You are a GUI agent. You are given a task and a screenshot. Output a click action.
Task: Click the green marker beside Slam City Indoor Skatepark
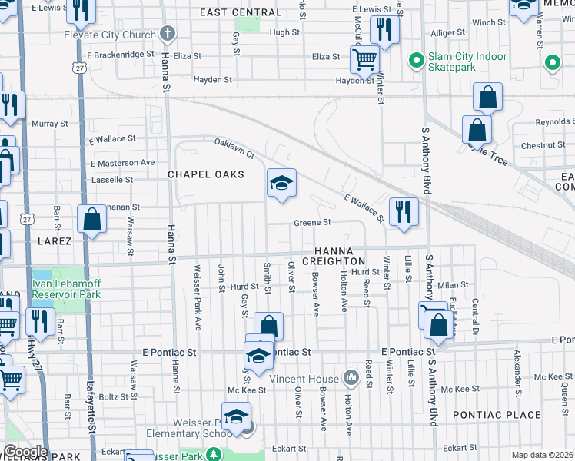click(417, 59)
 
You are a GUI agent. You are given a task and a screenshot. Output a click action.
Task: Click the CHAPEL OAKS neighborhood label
click(206, 174)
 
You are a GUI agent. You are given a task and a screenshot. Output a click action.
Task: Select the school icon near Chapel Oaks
click(281, 183)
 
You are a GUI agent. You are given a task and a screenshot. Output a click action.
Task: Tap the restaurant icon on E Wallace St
click(403, 211)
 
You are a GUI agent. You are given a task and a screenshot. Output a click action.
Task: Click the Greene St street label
click(312, 223)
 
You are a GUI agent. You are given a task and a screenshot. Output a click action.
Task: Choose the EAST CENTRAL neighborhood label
click(241, 13)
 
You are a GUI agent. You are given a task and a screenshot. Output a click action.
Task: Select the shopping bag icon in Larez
click(91, 219)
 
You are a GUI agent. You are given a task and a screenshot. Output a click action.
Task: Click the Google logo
click(25, 452)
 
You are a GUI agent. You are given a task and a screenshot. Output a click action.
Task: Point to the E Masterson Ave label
click(122, 163)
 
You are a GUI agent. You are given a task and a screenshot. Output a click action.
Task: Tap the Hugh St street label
click(284, 32)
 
